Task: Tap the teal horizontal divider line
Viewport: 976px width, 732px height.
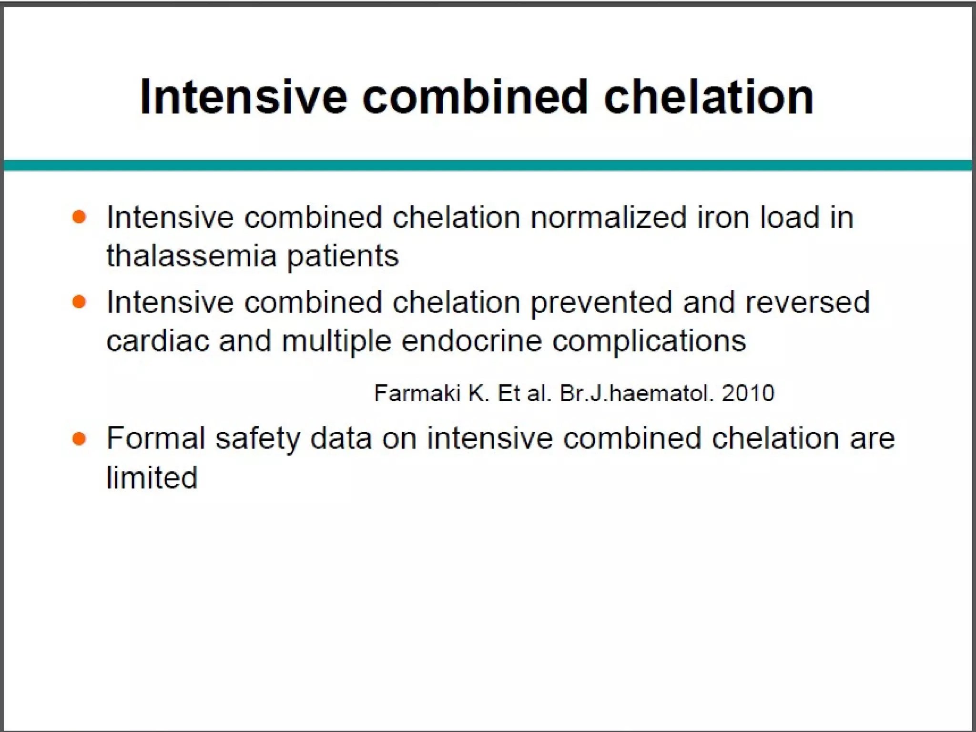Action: click(488, 165)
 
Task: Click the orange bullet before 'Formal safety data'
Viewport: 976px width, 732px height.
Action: click(79, 438)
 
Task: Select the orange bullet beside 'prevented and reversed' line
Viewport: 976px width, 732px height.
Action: click(79, 302)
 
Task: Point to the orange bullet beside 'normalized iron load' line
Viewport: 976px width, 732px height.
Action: click(79, 217)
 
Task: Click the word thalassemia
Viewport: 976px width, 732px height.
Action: click(191, 256)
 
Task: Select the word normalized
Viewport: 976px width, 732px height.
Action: click(609, 217)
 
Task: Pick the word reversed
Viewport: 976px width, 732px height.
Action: click(807, 302)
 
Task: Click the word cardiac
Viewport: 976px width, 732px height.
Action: click(158, 341)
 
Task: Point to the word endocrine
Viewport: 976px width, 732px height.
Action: click(472, 341)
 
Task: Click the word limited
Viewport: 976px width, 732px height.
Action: click(152, 478)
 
